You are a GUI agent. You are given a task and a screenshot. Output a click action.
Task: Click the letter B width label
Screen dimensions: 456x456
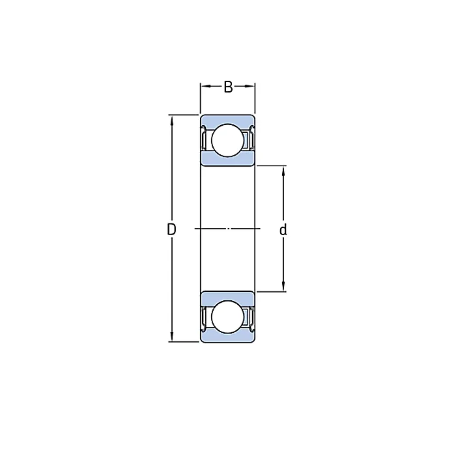[x=228, y=87]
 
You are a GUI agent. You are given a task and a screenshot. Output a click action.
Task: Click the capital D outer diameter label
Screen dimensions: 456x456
[x=171, y=229]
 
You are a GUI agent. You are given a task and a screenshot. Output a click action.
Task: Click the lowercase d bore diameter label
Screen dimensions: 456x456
[x=283, y=229]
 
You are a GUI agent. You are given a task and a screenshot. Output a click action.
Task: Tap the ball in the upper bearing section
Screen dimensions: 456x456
[x=227, y=140]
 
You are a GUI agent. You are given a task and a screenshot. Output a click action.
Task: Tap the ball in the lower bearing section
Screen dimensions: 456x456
[x=227, y=317]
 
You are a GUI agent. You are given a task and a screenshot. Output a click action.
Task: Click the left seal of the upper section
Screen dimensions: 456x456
[x=204, y=139]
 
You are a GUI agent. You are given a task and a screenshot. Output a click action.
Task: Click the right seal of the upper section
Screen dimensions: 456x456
[x=251, y=139]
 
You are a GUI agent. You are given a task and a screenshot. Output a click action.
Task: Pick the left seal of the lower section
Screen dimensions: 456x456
[x=204, y=317]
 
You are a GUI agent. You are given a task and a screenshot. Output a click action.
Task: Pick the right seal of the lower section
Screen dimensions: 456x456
[x=251, y=317]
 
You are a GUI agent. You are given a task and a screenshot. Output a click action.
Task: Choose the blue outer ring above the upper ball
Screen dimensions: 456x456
[x=227, y=119]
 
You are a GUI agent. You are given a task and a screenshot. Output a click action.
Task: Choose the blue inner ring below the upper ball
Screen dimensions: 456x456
[x=227, y=160]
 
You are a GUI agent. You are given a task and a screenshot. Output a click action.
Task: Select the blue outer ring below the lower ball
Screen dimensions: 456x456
[x=227, y=338]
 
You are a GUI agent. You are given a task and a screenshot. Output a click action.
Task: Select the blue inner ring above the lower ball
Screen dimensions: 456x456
[x=227, y=296]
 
